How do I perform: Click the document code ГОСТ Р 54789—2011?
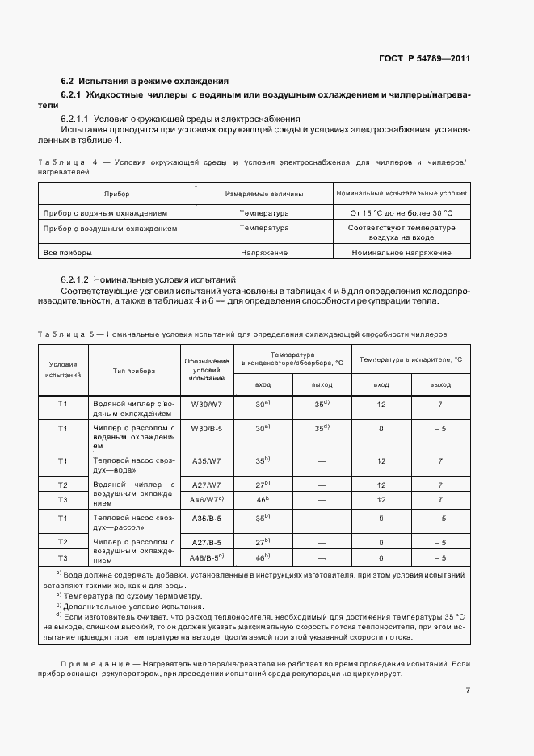424,59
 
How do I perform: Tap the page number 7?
468,690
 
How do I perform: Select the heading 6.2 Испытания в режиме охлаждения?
145,81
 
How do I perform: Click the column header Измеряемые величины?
264,194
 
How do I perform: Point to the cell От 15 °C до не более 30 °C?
402,213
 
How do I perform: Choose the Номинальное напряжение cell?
402,253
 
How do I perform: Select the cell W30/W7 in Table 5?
207,404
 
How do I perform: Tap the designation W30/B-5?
207,428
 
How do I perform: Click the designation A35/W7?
207,460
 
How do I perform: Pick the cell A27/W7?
207,485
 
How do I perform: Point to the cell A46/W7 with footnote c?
207,500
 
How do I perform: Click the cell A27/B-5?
207,542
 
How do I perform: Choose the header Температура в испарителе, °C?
410,359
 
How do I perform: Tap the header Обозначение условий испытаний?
207,370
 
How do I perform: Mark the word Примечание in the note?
90,662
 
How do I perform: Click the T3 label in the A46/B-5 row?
62,557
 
